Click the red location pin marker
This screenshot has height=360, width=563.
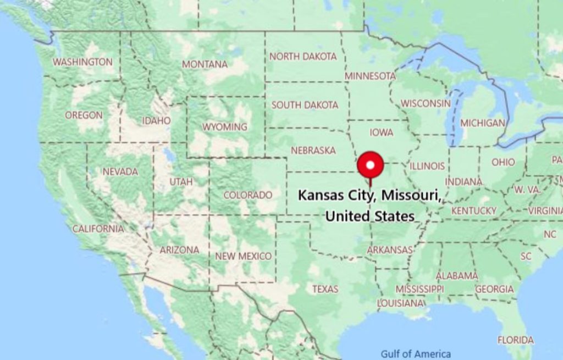pyautogui.click(x=370, y=165)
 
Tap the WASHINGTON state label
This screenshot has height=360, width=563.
pyautogui.click(x=82, y=62)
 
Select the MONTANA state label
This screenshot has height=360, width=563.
pyautogui.click(x=205, y=64)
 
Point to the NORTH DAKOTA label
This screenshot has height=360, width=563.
pyautogui.click(x=302, y=56)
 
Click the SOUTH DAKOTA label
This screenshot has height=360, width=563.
pyautogui.click(x=305, y=104)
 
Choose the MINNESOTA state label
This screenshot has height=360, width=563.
pyautogui.click(x=370, y=76)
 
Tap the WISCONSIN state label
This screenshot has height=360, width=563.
pyautogui.click(x=425, y=103)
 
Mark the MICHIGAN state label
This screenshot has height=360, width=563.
pyautogui.click(x=482, y=123)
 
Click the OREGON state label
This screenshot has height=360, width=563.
pyautogui.click(x=84, y=115)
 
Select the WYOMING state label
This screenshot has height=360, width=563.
pyautogui.click(x=224, y=127)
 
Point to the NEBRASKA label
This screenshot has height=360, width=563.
pyautogui.click(x=313, y=150)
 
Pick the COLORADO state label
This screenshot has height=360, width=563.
pyautogui.click(x=247, y=195)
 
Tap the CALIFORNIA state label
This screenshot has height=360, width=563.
pyautogui.click(x=98, y=229)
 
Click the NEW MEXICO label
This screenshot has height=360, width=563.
pyautogui.click(x=243, y=256)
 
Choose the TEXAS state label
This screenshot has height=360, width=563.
pyautogui.click(x=325, y=289)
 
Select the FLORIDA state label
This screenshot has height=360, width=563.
pyautogui.click(x=515, y=340)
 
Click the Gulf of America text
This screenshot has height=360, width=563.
pyautogui.click(x=416, y=354)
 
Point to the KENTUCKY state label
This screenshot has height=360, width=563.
pyautogui.click(x=473, y=211)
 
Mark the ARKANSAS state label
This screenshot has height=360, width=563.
pyautogui.click(x=389, y=250)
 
